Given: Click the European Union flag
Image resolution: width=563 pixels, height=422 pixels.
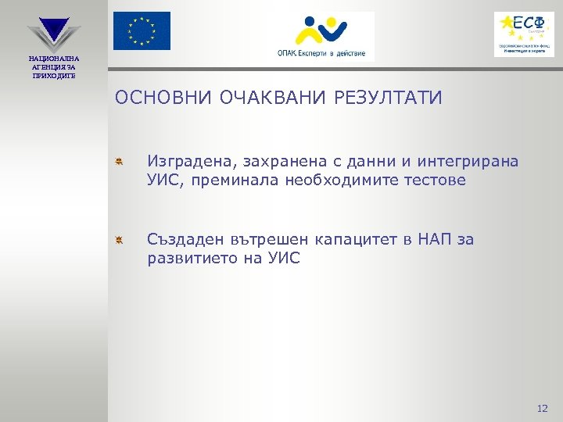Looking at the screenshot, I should (x=142, y=31).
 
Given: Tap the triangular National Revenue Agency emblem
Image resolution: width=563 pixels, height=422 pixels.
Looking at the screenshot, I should (x=53, y=34).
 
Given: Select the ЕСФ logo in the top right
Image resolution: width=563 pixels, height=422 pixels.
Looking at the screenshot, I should (x=523, y=34).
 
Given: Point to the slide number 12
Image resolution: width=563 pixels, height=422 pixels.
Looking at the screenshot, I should (x=543, y=408).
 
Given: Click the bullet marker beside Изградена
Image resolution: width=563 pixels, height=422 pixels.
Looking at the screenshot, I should (x=118, y=162).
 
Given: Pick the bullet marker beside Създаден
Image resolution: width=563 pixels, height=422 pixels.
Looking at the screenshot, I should (x=118, y=239).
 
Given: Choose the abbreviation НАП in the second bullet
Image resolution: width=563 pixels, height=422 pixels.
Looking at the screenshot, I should (x=426, y=239).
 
